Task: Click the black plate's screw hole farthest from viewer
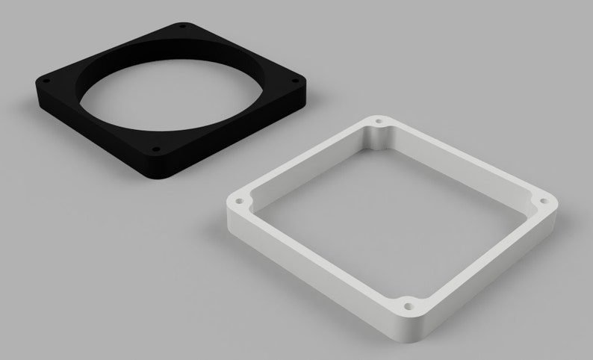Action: [181, 28]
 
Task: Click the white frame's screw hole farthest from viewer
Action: [379, 120]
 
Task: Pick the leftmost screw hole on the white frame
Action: [240, 201]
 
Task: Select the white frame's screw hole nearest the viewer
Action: [407, 305]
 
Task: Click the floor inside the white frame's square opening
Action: [388, 217]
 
